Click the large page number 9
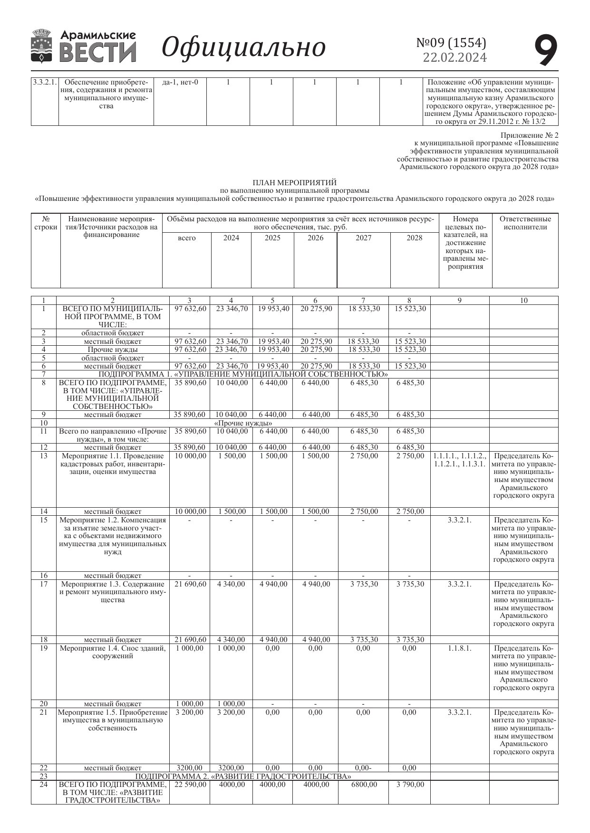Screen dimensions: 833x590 [x=545, y=50]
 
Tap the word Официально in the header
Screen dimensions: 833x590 [x=243, y=47]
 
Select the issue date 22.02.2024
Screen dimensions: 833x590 [x=455, y=57]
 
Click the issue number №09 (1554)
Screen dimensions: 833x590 [x=451, y=43]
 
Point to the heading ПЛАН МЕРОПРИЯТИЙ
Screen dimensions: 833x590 [x=294, y=182]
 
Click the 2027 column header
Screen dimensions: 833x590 [x=363, y=238]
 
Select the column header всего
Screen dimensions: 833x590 [x=186, y=238]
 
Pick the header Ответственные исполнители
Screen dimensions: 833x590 [x=525, y=223]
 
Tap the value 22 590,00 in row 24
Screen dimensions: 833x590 [x=190, y=785]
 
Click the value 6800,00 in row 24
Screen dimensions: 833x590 [x=364, y=785]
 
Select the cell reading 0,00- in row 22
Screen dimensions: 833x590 [x=364, y=768]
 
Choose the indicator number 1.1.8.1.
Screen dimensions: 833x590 [x=459, y=648]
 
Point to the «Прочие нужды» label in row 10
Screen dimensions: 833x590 [x=243, y=423]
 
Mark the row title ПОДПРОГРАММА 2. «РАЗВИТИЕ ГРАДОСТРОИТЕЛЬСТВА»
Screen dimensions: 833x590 [x=243, y=776]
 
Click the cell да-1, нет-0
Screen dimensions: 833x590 [x=180, y=82]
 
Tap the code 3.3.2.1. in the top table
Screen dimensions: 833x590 [x=45, y=82]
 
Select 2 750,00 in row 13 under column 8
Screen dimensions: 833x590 [x=409, y=456]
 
